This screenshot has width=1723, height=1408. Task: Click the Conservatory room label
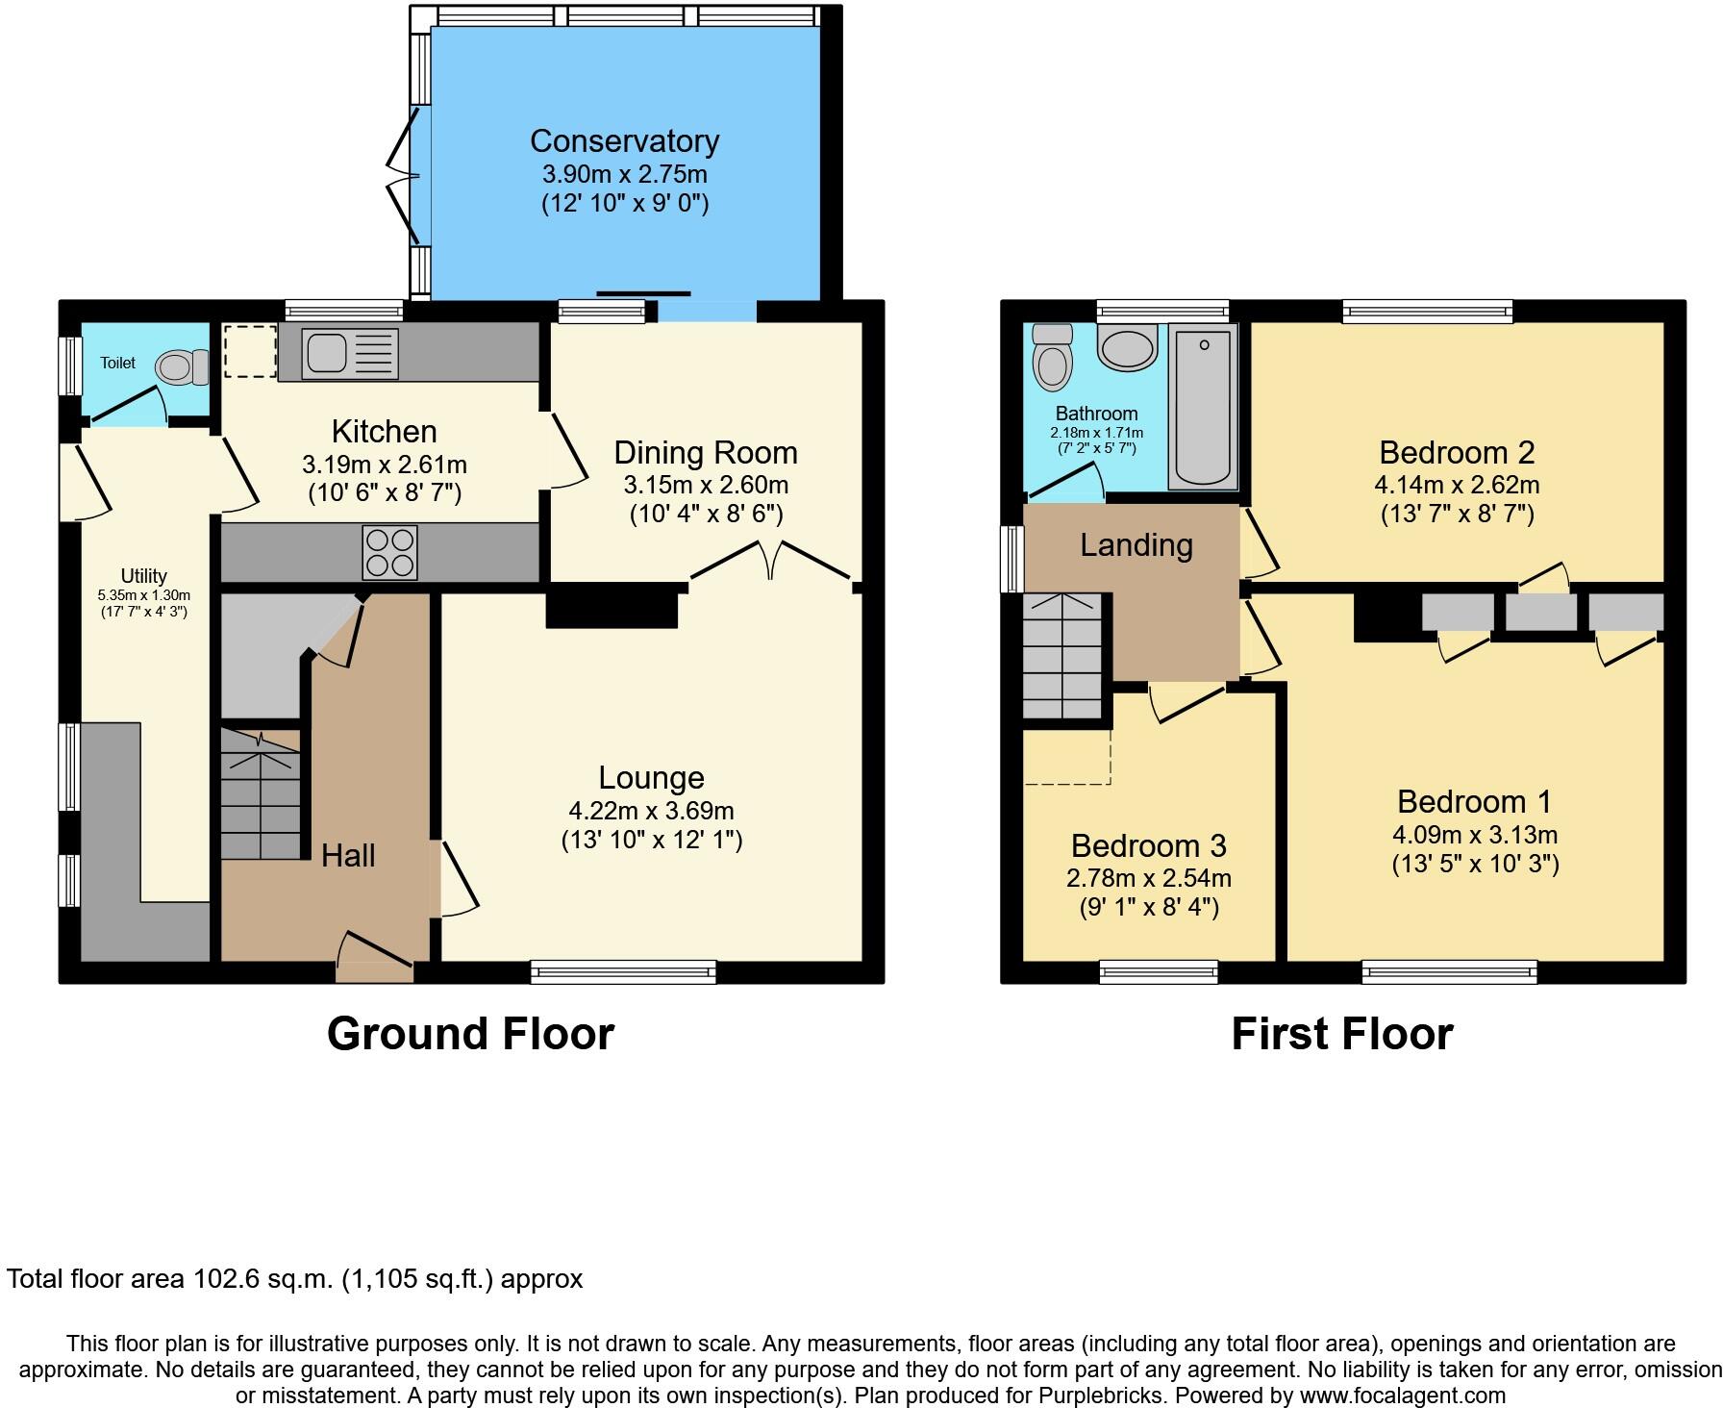(x=624, y=141)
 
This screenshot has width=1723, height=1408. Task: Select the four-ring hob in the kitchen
(x=389, y=552)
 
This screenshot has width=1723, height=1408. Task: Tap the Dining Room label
(x=706, y=452)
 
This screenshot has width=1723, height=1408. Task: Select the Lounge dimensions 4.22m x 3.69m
(x=651, y=811)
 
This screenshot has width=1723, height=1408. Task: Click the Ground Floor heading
(x=470, y=1034)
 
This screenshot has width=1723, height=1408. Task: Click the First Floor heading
(x=1341, y=1034)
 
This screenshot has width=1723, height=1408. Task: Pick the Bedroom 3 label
(x=1148, y=845)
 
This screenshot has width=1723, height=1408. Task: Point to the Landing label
(x=1136, y=545)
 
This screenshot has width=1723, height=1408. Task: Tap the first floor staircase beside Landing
(x=1061, y=656)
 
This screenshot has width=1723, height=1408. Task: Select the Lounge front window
(x=623, y=972)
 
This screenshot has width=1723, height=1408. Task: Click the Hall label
(x=348, y=855)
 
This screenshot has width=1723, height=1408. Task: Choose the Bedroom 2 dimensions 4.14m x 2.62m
(x=1457, y=485)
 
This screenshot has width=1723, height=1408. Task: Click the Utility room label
(x=143, y=576)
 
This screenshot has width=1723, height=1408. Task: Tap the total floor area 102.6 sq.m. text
(x=294, y=1279)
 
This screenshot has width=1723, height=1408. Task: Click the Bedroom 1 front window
(x=1449, y=972)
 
